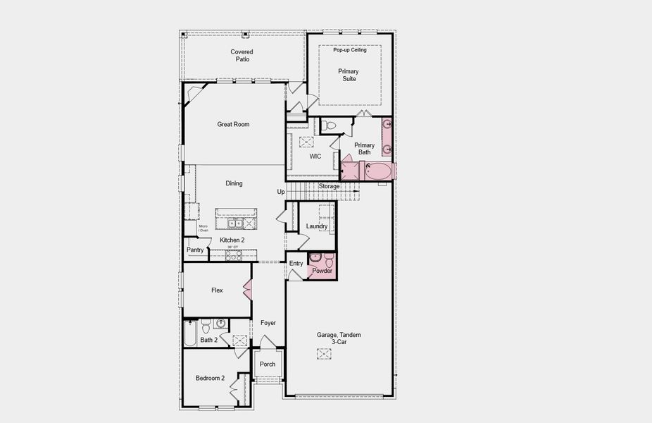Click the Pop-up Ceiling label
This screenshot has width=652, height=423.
(349, 50)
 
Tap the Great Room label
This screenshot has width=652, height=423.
(233, 125)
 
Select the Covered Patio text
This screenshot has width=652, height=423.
(242, 55)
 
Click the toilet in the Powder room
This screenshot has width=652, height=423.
(327, 258)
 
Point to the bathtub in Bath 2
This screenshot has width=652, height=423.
(190, 334)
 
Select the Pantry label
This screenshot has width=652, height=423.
(195, 250)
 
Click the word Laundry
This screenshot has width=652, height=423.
(316, 226)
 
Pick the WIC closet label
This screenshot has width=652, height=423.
(315, 157)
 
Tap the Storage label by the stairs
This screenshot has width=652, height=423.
(329, 186)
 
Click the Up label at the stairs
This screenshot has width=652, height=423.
(281, 192)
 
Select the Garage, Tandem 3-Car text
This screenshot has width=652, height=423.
(339, 338)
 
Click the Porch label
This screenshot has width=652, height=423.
(268, 364)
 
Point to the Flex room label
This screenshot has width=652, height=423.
(217, 290)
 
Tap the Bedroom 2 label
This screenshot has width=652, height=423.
(210, 379)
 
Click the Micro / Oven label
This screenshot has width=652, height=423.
(203, 228)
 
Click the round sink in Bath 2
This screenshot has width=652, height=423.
(220, 324)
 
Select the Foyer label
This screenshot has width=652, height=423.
(268, 323)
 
